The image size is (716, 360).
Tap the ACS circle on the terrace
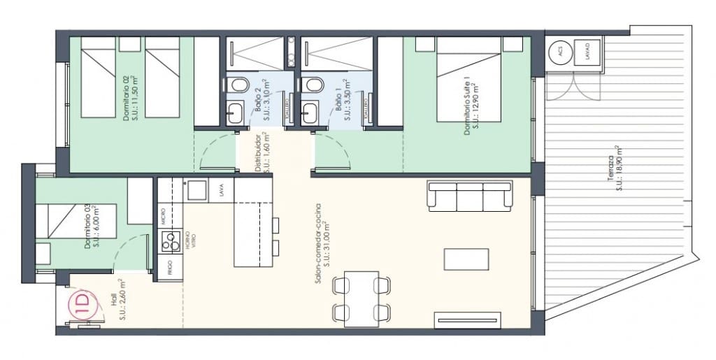559,52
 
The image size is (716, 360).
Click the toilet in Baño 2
239,85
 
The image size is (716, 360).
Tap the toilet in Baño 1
315,85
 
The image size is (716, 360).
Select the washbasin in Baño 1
310,112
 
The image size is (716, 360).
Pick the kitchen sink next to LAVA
196,189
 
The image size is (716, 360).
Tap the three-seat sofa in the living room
469,196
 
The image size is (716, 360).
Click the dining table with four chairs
361,298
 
